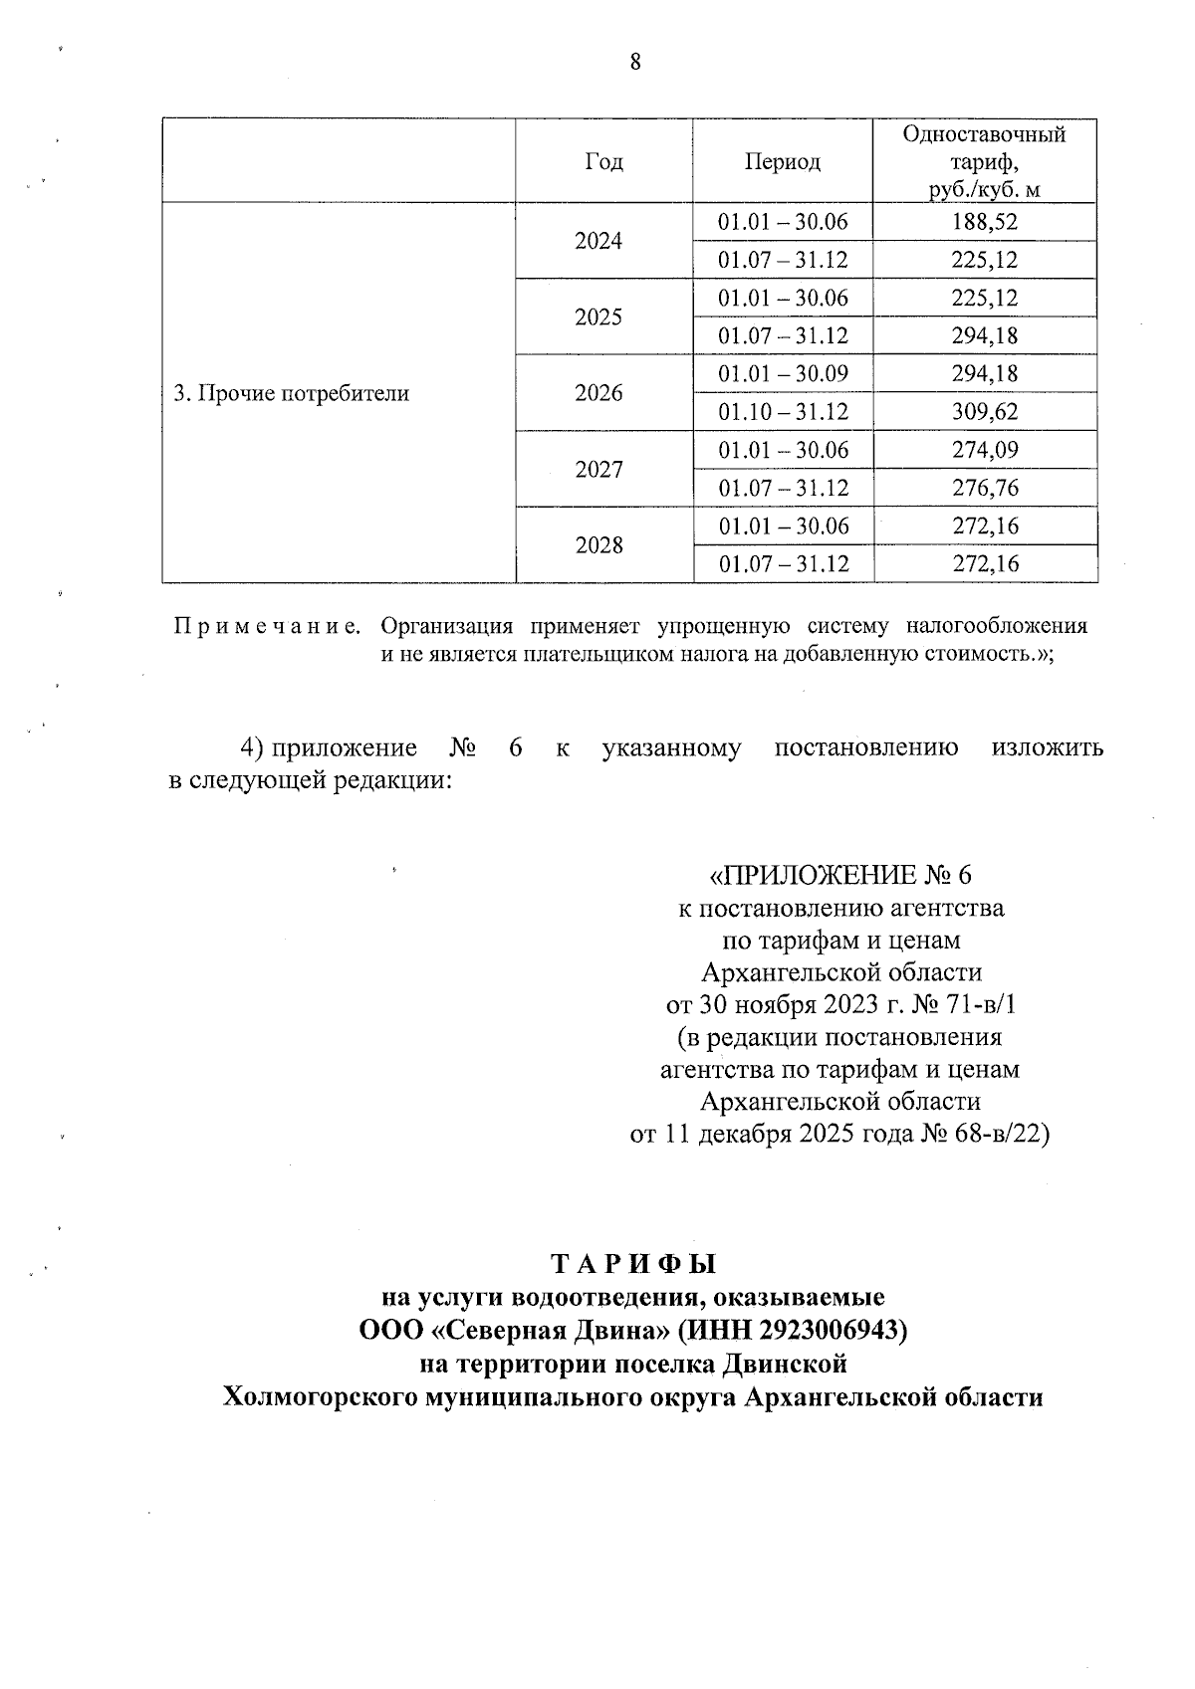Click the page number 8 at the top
[635, 63]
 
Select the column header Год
[603, 162]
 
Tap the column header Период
[783, 162]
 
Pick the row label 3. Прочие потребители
[292, 393]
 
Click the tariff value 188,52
[985, 222]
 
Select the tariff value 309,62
[985, 412]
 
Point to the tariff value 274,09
[985, 450]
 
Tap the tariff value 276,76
[985, 488]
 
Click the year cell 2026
[598, 393]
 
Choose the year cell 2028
[598, 545]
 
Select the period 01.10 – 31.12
[783, 412]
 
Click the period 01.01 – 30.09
[783, 374]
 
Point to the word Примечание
[267, 627]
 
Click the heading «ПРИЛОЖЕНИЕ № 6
[838, 875]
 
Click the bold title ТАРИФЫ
[633, 1265]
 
